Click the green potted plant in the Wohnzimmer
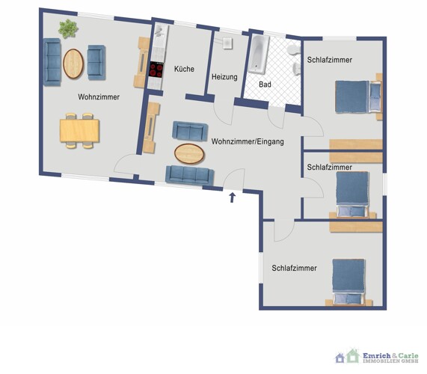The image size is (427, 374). (68, 28)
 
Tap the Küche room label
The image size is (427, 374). (184, 69)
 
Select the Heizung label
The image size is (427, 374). (224, 77)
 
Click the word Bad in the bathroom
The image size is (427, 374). (265, 85)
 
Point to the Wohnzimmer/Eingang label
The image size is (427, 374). (248, 141)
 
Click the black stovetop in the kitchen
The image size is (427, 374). (156, 70)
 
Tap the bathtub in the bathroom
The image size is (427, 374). (259, 55)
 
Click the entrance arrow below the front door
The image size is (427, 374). (232, 197)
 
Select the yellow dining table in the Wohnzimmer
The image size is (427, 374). (79, 131)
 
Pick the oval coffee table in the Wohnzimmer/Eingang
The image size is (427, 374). (189, 153)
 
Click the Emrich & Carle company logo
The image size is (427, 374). (377, 357)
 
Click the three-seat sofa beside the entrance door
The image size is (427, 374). (189, 175)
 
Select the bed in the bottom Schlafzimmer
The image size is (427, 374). (348, 282)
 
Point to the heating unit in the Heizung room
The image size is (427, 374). (227, 43)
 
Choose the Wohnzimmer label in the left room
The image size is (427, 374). (99, 97)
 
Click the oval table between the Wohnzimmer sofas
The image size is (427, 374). (73, 64)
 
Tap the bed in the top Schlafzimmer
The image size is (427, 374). (357, 96)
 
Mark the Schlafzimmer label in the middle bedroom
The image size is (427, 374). (330, 168)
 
